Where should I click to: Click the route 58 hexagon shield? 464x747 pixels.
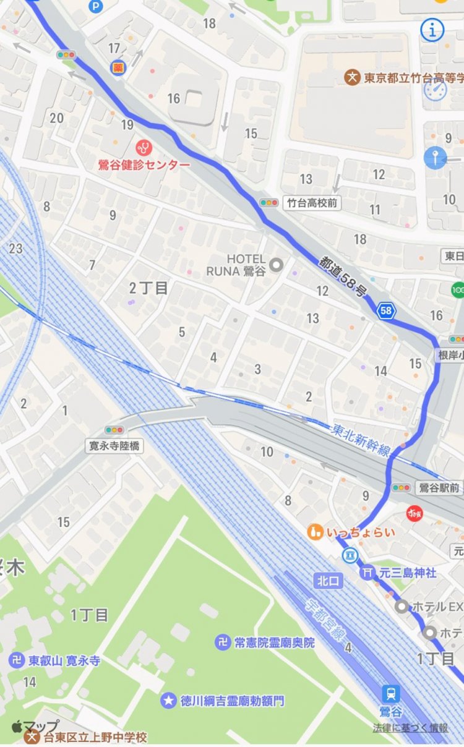click(386, 311)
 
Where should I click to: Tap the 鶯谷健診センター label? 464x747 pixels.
click(144, 164)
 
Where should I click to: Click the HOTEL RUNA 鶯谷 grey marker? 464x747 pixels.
click(277, 265)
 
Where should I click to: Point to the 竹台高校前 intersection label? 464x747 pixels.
click(314, 202)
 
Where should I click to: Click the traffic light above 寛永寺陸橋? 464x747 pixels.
click(114, 430)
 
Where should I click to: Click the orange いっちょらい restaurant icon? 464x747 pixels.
click(316, 531)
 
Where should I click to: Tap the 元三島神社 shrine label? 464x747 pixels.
click(408, 573)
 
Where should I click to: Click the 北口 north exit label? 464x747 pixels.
click(327, 581)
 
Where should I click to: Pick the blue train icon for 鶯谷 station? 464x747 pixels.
click(390, 693)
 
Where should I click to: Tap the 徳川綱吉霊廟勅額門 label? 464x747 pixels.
click(233, 701)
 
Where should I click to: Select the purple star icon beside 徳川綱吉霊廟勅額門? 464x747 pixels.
click(168, 701)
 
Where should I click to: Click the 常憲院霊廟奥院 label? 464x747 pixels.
click(274, 642)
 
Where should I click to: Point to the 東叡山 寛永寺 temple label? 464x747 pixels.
click(64, 661)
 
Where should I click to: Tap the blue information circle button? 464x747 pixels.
click(432, 30)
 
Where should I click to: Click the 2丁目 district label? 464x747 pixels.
click(149, 288)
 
